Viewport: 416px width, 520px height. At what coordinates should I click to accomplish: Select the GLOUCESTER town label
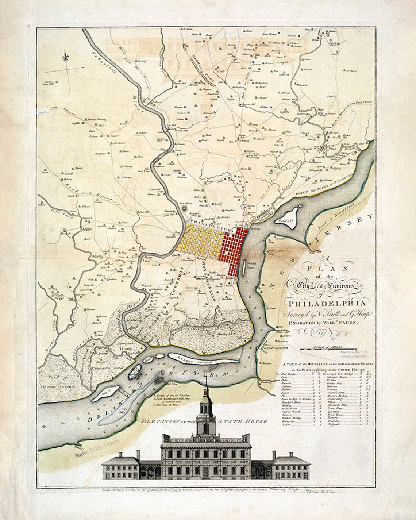coord(276,348)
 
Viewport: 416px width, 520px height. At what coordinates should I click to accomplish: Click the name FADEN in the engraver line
coord(346,323)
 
